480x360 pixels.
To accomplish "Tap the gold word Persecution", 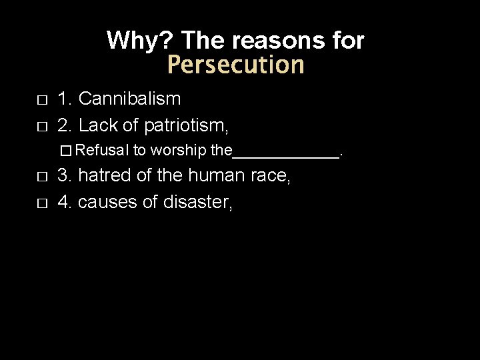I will tap(235, 65).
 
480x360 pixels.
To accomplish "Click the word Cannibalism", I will tap(129, 99).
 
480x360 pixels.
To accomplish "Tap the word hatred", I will tap(99, 177).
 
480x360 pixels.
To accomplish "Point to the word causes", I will tap(107, 201).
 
